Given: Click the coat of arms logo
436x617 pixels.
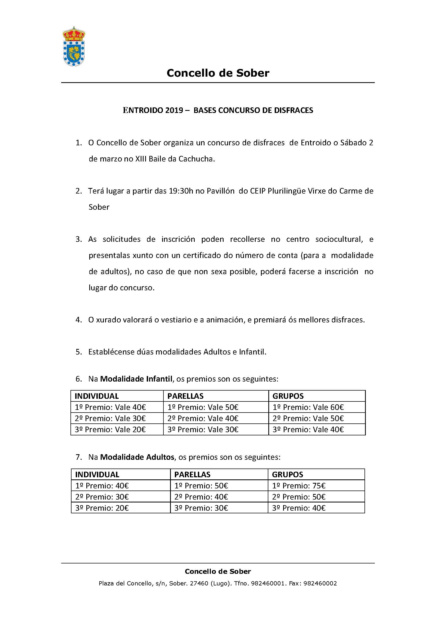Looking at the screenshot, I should point(74,46).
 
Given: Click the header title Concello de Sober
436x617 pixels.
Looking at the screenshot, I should point(218,73).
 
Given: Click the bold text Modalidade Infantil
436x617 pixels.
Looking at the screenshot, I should point(136,379).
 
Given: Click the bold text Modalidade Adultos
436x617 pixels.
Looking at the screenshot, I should point(137,457).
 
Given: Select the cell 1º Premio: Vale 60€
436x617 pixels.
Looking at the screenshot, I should point(308,407).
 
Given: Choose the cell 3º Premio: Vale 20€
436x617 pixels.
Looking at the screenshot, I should point(110,430).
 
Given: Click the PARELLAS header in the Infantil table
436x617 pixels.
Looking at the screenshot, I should point(185,396).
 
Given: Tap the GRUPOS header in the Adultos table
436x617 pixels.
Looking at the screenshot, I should point(288,475).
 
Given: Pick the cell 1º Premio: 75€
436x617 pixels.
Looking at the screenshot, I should point(299,486).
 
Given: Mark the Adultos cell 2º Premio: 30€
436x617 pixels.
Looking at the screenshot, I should point(102,497).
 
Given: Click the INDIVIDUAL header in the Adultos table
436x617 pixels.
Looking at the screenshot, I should point(97,475).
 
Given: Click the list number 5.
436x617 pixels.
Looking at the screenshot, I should point(78,352).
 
